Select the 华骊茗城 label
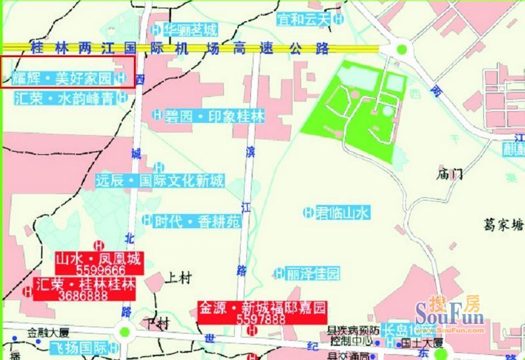[x=190, y=30]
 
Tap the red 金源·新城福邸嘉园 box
[x=262, y=313]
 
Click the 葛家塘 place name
[x=501, y=224]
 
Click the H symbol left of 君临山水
[x=308, y=212]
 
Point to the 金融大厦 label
[x=48, y=332]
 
